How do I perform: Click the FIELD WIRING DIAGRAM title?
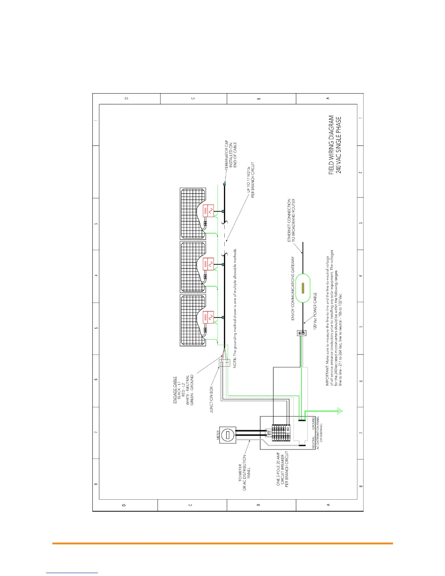tap(331, 145)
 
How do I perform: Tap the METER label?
tap(218, 435)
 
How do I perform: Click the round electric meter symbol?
tap(228, 435)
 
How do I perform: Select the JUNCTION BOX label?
tap(212, 399)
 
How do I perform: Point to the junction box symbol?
tap(224, 363)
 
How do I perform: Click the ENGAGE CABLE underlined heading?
tap(175, 390)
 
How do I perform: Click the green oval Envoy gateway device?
tap(302, 288)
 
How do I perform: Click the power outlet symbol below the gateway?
tap(302, 333)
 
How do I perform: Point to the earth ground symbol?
tap(340, 411)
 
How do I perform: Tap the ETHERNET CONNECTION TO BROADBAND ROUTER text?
tap(291, 220)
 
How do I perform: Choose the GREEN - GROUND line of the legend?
tap(192, 390)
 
